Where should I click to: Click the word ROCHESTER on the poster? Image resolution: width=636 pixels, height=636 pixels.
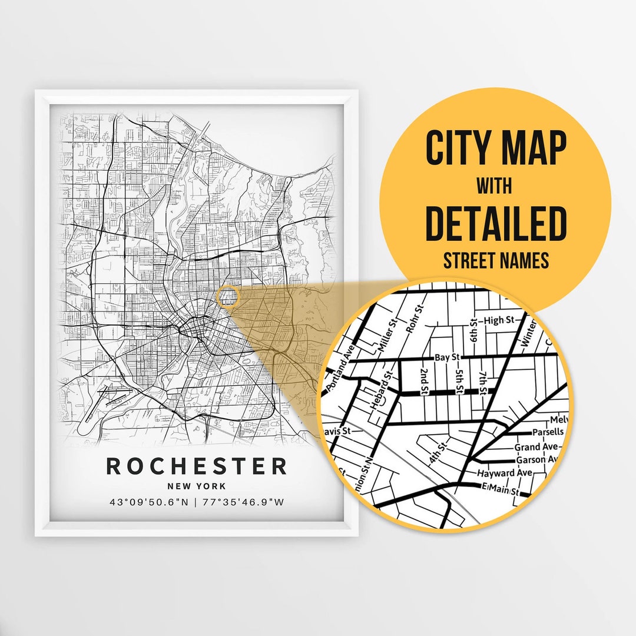(196, 466)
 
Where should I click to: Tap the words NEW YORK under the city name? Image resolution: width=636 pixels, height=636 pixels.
(196, 486)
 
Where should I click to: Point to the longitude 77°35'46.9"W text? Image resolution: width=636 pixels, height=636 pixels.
(243, 502)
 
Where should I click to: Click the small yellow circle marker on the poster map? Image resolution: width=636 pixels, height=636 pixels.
(227, 296)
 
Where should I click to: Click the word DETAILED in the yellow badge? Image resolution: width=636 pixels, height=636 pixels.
(495, 223)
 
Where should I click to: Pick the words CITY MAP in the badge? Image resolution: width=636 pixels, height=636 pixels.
(495, 149)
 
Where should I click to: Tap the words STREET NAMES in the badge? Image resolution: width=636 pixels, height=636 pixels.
(495, 260)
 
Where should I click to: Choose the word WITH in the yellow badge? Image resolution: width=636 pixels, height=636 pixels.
(495, 186)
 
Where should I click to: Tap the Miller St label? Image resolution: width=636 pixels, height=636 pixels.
(389, 338)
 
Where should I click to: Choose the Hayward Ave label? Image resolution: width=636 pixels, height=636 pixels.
(505, 473)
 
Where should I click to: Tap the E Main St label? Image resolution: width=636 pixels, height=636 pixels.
(500, 489)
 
